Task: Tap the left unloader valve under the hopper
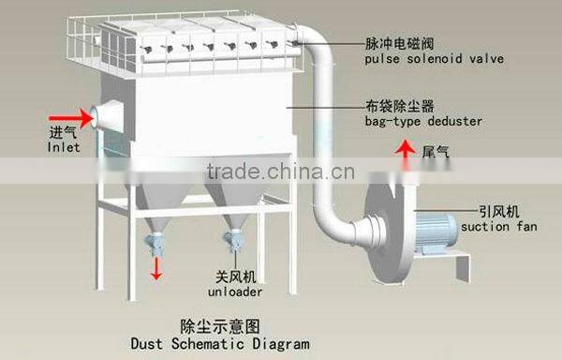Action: pos(155,245)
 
